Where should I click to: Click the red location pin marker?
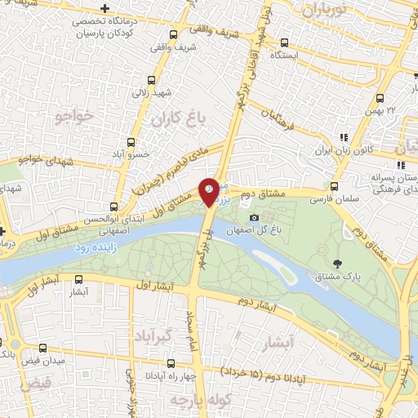(x=209, y=191)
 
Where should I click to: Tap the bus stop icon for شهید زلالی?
(x=150, y=80)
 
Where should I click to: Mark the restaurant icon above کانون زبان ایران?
(x=344, y=137)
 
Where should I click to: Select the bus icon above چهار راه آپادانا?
(x=170, y=363)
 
